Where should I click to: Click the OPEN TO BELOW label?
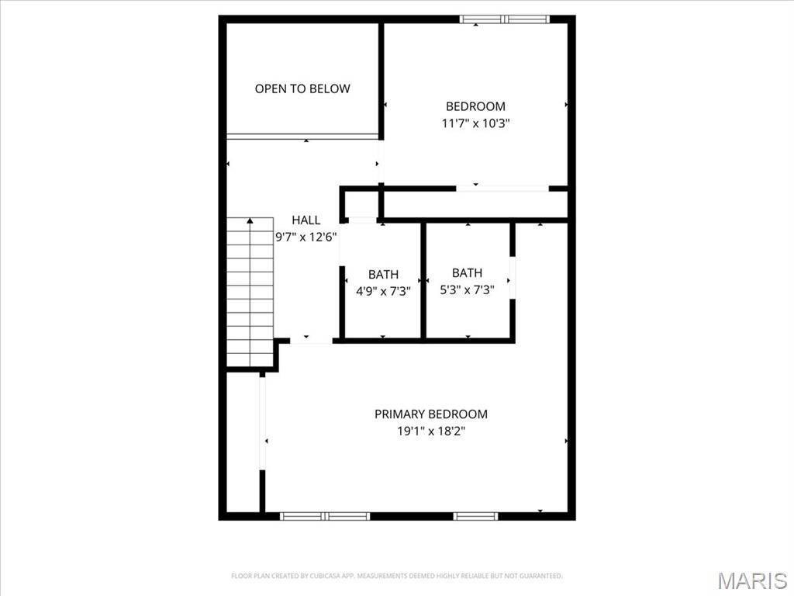tap(302, 88)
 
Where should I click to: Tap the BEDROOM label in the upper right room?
tap(475, 106)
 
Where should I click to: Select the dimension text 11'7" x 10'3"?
tap(475, 123)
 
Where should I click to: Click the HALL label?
tap(306, 220)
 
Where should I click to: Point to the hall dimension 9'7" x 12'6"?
tap(306, 237)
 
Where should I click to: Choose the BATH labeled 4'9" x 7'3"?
tap(383, 274)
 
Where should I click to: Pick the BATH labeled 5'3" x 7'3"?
tap(467, 272)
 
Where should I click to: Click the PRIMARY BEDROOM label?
tap(431, 414)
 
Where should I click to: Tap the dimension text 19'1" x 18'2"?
tap(431, 431)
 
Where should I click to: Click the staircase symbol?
tap(250, 295)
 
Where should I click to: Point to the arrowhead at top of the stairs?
tap(250, 221)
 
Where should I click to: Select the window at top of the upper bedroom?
tap(504, 19)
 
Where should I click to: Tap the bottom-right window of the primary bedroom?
tap(475, 515)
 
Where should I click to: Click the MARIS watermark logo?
tap(752, 580)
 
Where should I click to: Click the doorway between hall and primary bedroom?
tap(311, 340)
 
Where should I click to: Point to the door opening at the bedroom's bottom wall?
tap(502, 188)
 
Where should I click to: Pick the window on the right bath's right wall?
tap(512, 276)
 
